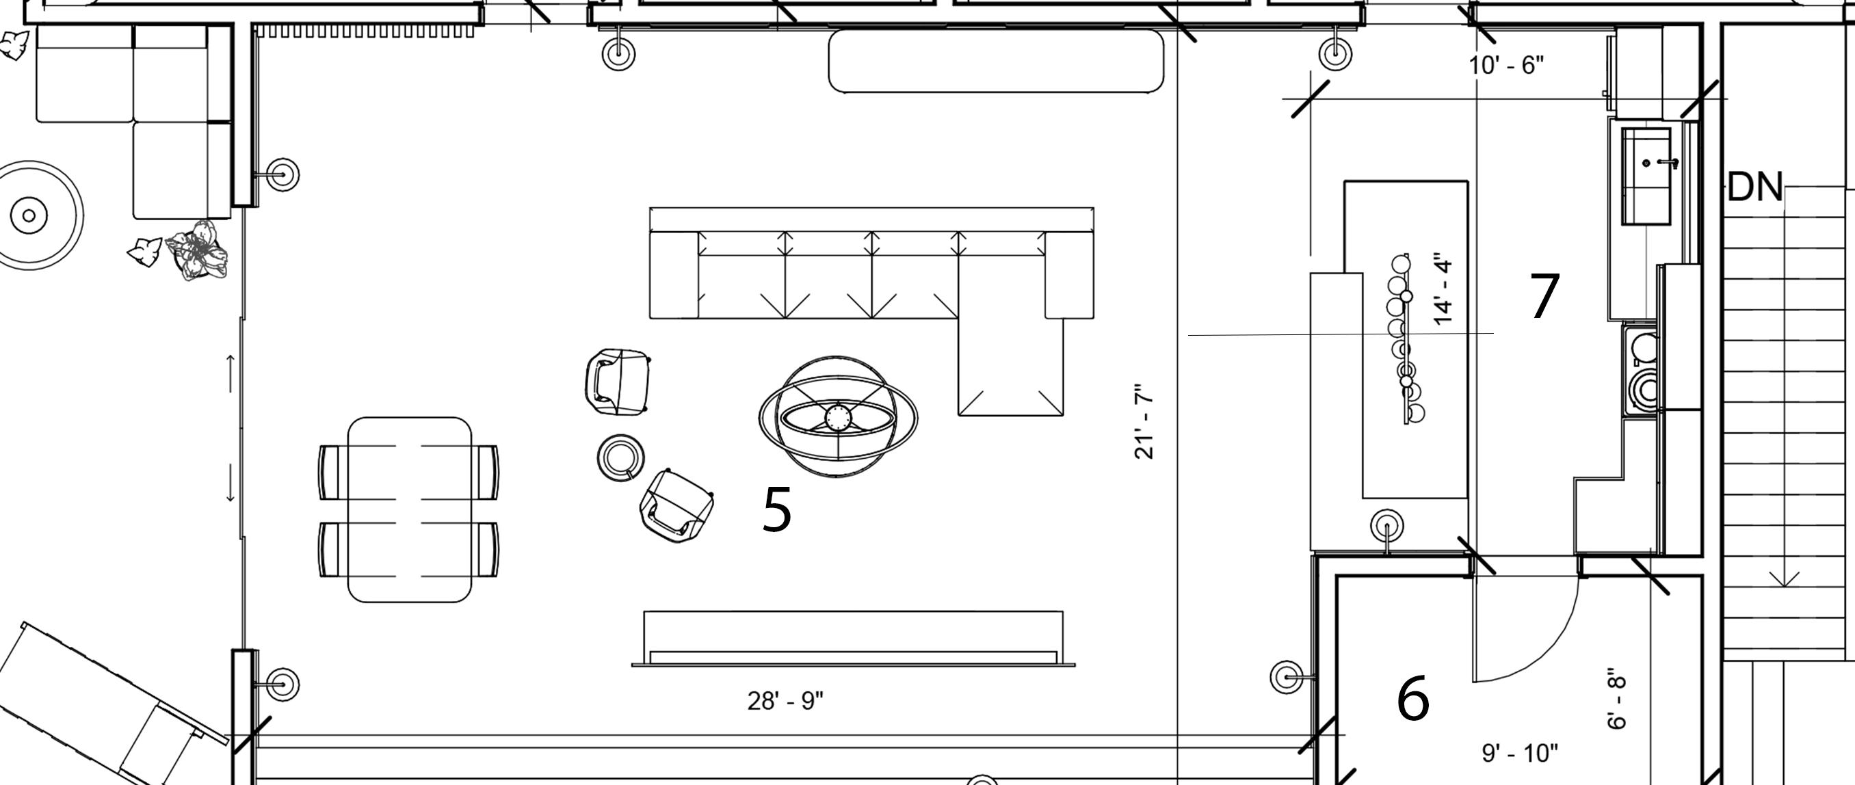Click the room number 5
(x=776, y=509)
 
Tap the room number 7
(x=1544, y=296)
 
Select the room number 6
(x=1412, y=699)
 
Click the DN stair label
(x=1754, y=187)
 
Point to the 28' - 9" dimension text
(x=785, y=700)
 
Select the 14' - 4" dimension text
(x=1443, y=289)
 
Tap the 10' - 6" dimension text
(x=1506, y=66)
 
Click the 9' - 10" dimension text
(x=1519, y=754)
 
